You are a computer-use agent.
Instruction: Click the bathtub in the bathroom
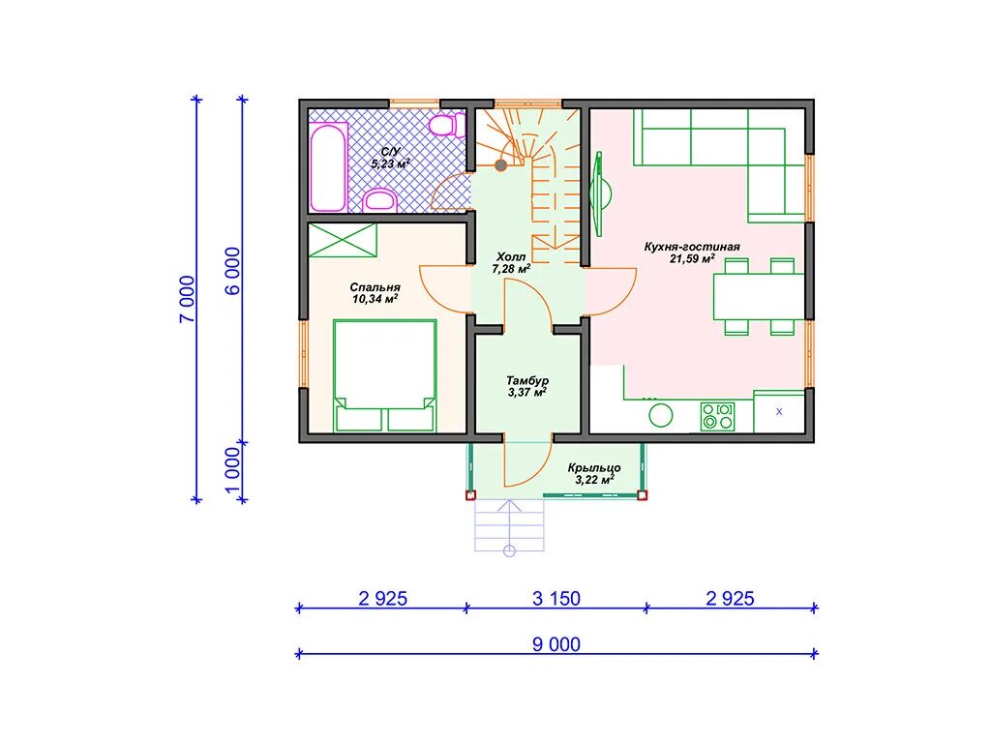(329, 167)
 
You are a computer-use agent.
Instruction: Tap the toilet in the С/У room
(445, 125)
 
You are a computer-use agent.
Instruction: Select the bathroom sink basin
(379, 200)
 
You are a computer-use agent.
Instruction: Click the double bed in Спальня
(385, 375)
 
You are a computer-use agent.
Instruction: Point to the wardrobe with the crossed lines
(342, 240)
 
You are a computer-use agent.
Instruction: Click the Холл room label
(511, 257)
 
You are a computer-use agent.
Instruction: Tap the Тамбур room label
(527, 381)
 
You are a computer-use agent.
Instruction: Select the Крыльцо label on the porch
(594, 468)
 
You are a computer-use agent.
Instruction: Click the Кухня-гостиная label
(692, 247)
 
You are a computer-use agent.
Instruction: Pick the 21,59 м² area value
(692, 258)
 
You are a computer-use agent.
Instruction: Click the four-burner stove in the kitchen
(717, 417)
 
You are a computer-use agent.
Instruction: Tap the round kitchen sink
(661, 415)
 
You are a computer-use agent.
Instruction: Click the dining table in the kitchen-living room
(759, 296)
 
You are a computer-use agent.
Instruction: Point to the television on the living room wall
(599, 193)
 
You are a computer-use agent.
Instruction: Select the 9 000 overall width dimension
(556, 644)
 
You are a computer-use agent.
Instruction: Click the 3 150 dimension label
(556, 598)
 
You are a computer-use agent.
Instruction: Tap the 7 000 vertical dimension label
(188, 300)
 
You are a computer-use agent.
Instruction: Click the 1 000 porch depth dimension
(232, 472)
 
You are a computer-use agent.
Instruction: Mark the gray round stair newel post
(500, 165)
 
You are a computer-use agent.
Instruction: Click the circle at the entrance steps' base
(509, 550)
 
